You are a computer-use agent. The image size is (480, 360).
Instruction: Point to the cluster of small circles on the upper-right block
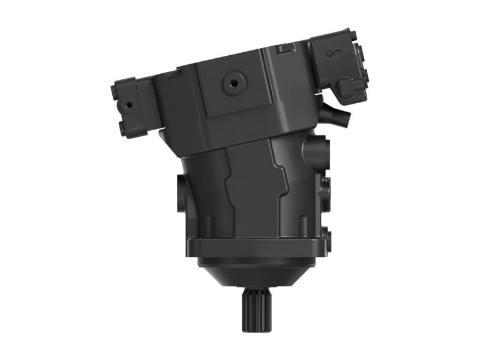(337, 55)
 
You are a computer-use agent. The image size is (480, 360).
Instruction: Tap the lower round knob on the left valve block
(124, 127)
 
